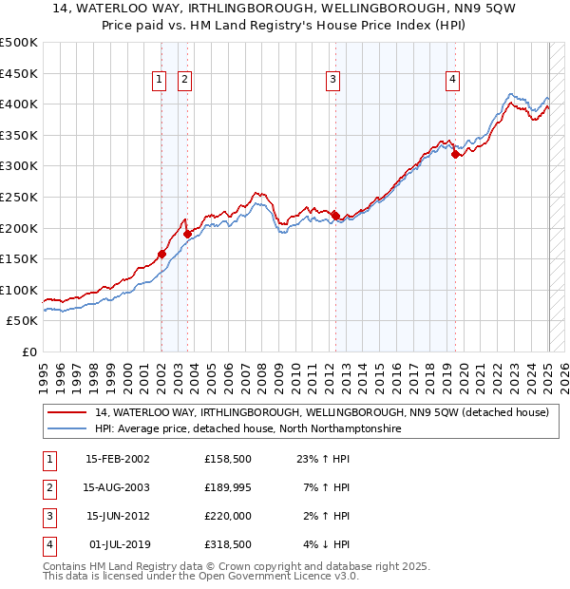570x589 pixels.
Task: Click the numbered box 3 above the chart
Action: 333,81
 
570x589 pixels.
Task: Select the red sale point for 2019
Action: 456,154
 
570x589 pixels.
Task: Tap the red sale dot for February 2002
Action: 162,254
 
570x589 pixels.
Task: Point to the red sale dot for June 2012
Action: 335,215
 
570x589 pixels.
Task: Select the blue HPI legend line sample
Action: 67,429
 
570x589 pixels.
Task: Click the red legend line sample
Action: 67,413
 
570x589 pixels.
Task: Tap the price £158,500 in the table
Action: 229,459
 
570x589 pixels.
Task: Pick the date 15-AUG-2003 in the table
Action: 117,487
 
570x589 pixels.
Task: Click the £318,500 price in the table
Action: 229,544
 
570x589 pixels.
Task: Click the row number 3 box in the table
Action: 47,516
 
